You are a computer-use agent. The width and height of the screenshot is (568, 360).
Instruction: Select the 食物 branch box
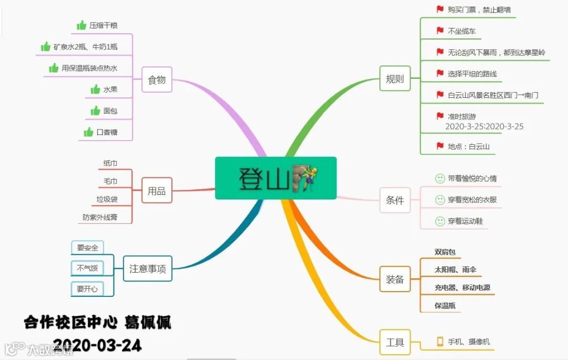point(157,80)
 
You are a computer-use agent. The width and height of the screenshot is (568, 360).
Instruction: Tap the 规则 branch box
point(395,79)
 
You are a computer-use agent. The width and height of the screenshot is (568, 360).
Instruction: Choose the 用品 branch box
point(157,191)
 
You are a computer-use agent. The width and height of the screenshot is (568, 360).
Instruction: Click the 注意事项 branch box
point(147,269)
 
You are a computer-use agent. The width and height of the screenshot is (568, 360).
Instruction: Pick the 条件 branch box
point(395,200)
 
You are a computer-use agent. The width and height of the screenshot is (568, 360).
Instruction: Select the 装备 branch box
point(395,279)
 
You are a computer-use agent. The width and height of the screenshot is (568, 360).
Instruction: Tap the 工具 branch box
point(395,343)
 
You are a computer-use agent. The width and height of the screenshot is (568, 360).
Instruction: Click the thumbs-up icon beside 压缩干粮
point(82,25)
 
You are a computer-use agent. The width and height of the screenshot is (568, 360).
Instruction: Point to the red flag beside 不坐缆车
point(440,31)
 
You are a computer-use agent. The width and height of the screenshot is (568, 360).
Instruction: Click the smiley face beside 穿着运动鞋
point(440,221)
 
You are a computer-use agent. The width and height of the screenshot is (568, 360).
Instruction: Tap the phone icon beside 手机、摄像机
point(440,342)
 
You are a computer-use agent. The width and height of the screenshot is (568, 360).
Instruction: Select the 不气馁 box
point(87,268)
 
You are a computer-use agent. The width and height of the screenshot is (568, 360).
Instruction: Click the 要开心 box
point(87,289)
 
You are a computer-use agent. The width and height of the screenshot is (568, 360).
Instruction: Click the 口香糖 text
point(107,132)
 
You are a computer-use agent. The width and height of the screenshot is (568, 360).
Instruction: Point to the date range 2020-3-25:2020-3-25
point(484,127)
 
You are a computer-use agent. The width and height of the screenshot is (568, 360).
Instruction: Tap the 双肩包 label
point(445,252)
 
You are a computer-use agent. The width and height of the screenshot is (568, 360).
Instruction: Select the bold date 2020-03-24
point(97,345)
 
